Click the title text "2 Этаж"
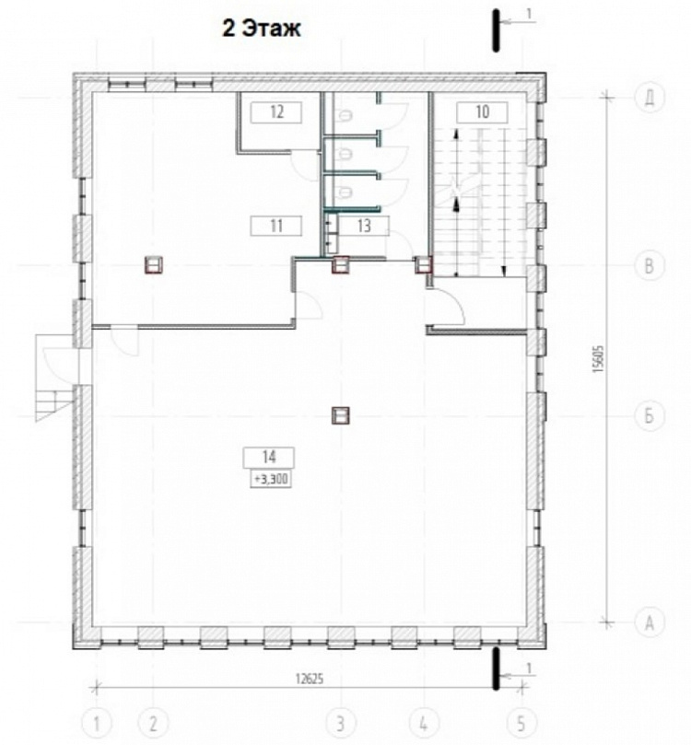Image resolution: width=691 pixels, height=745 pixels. point(262,29)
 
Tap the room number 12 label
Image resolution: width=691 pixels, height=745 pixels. point(276,112)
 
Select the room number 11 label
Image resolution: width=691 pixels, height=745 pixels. point(276,226)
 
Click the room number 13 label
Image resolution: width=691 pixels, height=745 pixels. point(364,226)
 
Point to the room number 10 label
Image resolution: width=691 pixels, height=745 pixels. point(483,112)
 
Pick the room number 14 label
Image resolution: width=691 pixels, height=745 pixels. point(269,458)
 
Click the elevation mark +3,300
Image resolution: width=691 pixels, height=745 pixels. point(271,480)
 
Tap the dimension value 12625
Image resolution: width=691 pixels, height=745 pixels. point(309,680)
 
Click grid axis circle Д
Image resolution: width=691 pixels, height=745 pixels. point(649,98)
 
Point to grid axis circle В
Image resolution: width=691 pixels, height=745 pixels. point(649,266)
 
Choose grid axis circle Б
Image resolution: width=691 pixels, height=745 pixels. point(649,416)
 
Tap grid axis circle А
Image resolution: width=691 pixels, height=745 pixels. point(649,623)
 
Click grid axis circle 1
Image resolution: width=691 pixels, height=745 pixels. point(97,724)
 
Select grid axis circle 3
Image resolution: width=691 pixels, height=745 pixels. point(340,724)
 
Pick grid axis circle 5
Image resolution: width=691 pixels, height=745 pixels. point(521,724)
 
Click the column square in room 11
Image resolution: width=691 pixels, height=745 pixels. point(154,264)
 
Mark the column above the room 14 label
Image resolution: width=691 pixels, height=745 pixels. point(341,415)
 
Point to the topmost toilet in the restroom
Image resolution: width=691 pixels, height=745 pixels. point(344,115)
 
